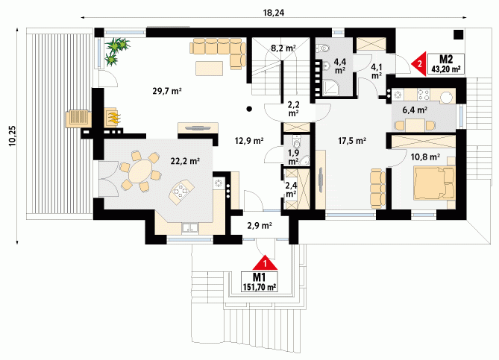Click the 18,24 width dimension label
click(x=274, y=12)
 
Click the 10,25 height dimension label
click(x=12, y=136)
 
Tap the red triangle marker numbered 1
click(x=265, y=262)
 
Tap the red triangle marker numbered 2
click(x=418, y=64)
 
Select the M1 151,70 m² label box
click(x=260, y=282)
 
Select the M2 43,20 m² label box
click(x=446, y=64)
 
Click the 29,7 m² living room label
click(x=167, y=91)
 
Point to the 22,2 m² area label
click(x=185, y=161)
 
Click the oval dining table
click(x=140, y=171)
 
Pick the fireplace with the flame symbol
click(x=113, y=117)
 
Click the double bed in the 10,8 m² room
click(x=434, y=183)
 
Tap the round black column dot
click(x=249, y=109)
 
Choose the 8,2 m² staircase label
click(x=283, y=48)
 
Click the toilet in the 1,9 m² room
click(x=297, y=142)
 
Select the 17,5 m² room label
click(x=351, y=141)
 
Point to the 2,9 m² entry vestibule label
click(x=260, y=226)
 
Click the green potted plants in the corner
click(x=116, y=51)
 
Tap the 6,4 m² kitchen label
click(x=415, y=110)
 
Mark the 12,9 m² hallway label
click(x=249, y=140)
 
